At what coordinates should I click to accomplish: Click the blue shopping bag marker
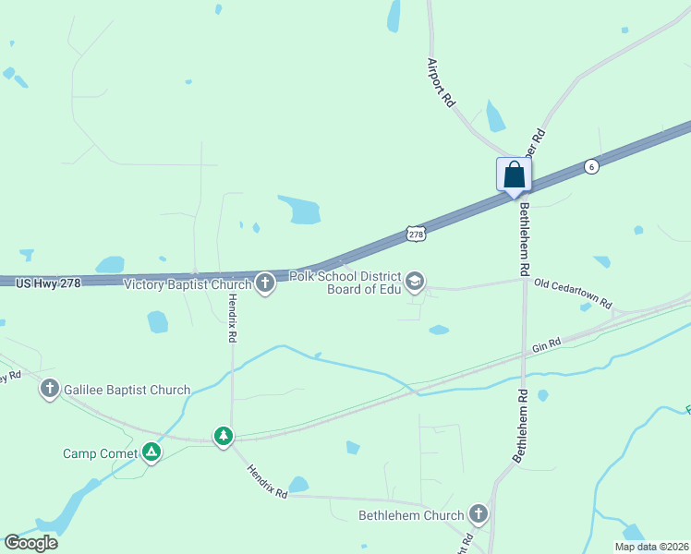coord(514,175)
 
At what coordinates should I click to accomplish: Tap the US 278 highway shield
coord(416,235)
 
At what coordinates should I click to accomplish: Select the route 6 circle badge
coord(591,166)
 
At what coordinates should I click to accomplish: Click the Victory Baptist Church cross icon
coord(265,283)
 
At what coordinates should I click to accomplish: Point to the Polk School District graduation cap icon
coord(415,281)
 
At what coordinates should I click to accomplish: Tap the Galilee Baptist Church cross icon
coord(50,389)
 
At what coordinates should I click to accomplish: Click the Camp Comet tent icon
coord(152,452)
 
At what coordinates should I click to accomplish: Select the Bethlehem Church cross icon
coord(478,513)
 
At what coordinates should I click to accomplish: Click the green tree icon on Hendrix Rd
coord(224,435)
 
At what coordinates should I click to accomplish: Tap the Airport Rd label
coord(442,82)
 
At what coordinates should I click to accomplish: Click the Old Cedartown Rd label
coord(573,294)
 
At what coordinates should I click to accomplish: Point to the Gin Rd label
coord(547,346)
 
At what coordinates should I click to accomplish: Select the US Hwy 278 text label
coord(48,283)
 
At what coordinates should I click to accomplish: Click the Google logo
coord(30,543)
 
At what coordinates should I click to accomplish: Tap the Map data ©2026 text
coord(651,547)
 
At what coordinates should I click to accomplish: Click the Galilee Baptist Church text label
coord(127,390)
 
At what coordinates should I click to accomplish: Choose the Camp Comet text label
coord(100,453)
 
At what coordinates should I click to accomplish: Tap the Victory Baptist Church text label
coord(188,284)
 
